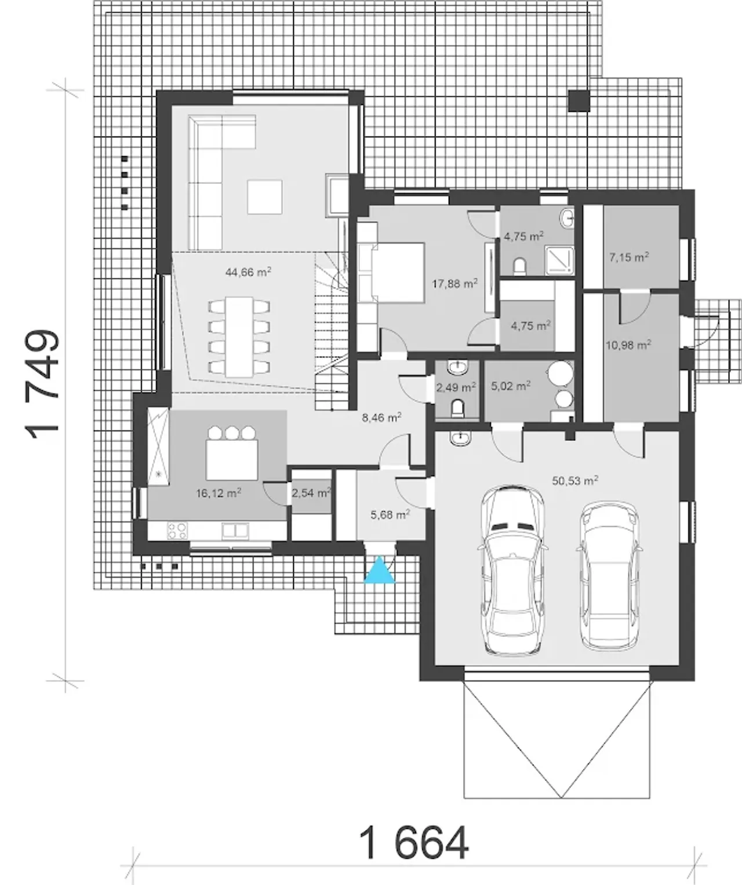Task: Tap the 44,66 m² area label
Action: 248,271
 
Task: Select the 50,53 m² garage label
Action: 575,481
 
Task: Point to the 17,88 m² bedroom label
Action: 454,283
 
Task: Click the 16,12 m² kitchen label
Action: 219,493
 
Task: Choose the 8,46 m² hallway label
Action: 382,418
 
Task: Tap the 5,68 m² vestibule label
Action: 390,514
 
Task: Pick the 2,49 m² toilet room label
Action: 456,387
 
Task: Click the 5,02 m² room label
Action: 511,386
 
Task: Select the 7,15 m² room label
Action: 629,257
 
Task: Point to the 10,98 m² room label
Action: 628,345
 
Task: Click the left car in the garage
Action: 512,571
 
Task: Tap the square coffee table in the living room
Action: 265,197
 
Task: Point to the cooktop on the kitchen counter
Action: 177,530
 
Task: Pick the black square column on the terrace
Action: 579,101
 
